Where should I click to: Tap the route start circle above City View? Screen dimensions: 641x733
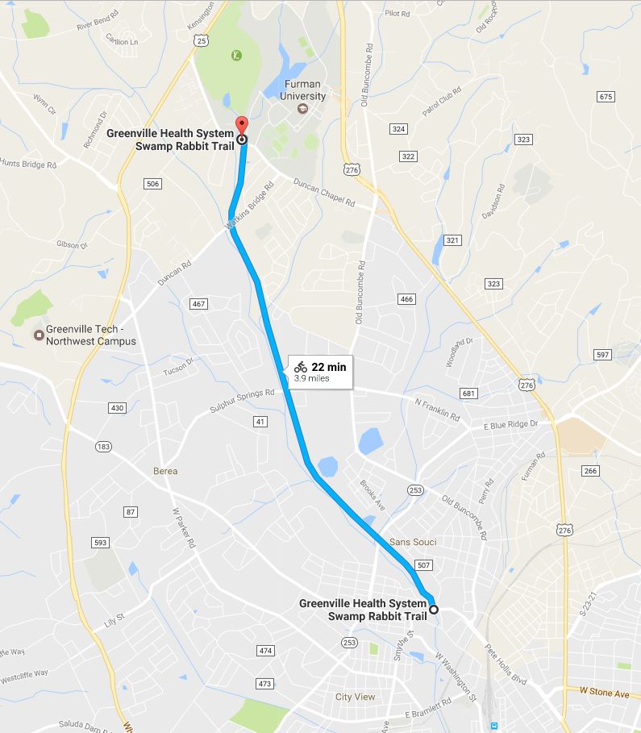(x=433, y=610)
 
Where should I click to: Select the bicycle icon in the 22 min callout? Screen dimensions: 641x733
(x=301, y=367)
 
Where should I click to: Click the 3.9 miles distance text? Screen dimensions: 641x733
(x=311, y=377)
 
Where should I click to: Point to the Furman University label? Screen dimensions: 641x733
(x=302, y=90)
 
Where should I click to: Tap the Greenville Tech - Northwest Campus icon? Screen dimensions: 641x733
(x=38, y=335)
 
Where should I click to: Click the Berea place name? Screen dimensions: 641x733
(x=164, y=471)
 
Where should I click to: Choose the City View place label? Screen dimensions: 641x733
(x=356, y=697)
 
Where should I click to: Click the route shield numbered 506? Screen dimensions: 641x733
(x=153, y=185)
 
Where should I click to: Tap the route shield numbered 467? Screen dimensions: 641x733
(x=198, y=304)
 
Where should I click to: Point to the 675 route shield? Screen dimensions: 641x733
(x=606, y=97)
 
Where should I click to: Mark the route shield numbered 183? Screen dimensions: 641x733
(x=103, y=446)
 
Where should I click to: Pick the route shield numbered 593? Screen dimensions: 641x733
(x=100, y=543)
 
